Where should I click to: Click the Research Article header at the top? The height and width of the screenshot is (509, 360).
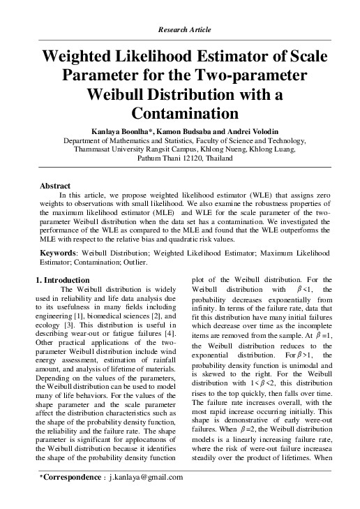coord(179,30)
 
